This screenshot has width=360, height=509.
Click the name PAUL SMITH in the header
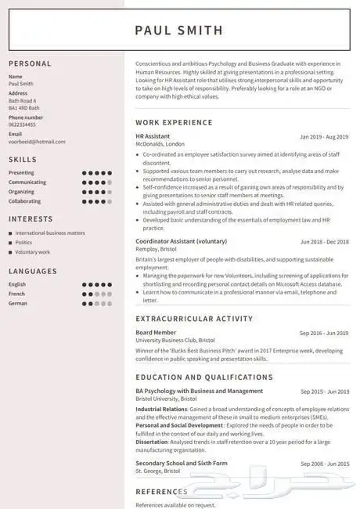pyautogui.click(x=178, y=31)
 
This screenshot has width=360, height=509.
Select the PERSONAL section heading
pyautogui.click(x=30, y=63)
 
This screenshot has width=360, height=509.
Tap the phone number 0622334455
pyautogui.click(x=22, y=125)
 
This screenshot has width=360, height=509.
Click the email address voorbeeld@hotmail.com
pyautogui.click(x=37, y=142)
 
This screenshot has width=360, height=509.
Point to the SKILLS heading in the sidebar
pyautogui.click(x=23, y=159)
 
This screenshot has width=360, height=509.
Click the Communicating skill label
pyautogui.click(x=27, y=182)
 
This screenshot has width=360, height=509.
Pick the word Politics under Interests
pyautogui.click(x=24, y=243)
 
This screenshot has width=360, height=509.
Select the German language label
pyautogui.click(x=19, y=303)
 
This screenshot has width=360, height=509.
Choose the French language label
pyautogui.click(x=17, y=294)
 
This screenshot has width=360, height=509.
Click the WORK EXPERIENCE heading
pyautogui.click(x=174, y=122)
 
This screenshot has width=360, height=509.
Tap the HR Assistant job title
pyautogui.click(x=152, y=136)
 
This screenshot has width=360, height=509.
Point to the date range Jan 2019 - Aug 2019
pyautogui.click(x=324, y=136)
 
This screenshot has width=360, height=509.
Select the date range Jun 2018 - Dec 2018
pyautogui.click(x=324, y=241)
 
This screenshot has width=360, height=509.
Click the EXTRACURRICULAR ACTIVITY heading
pyautogui.click(x=194, y=319)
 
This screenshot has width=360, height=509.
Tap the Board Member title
pyautogui.click(x=155, y=332)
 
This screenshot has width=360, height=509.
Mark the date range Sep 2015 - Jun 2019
pyautogui.click(x=324, y=391)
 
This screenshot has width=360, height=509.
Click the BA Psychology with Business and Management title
pyautogui.click(x=199, y=391)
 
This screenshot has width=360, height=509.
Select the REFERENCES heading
pyautogui.click(x=161, y=491)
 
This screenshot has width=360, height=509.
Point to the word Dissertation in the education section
pyautogui.click(x=152, y=441)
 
